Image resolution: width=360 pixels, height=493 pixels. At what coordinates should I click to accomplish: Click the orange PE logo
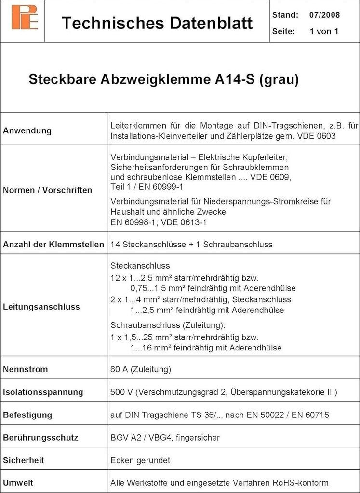coord(24,17)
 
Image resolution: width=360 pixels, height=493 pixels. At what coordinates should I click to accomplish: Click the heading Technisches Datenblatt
coord(157,23)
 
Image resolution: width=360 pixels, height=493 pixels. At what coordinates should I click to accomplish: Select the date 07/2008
coord(324,15)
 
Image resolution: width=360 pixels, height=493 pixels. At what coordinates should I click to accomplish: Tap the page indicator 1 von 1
coord(324,32)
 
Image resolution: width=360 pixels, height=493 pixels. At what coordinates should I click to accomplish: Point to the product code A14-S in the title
coord(234,79)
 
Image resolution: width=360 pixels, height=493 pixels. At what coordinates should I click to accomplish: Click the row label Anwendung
coord(27,130)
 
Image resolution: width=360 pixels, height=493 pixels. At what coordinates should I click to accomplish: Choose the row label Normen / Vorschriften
coord(47,190)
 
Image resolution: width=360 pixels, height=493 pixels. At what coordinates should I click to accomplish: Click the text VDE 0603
coord(319,136)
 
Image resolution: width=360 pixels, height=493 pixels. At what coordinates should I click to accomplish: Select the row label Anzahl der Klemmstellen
coord(53,245)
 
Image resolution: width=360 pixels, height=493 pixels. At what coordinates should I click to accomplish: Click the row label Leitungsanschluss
coord(41,307)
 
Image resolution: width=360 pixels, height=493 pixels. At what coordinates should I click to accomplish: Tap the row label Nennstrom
coord(26,370)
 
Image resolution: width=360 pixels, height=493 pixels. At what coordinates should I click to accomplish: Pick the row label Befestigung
coord(27,415)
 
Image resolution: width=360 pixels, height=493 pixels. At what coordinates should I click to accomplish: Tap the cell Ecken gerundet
coord(140,460)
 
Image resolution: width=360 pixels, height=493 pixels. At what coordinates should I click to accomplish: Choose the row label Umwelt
coord(18,483)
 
